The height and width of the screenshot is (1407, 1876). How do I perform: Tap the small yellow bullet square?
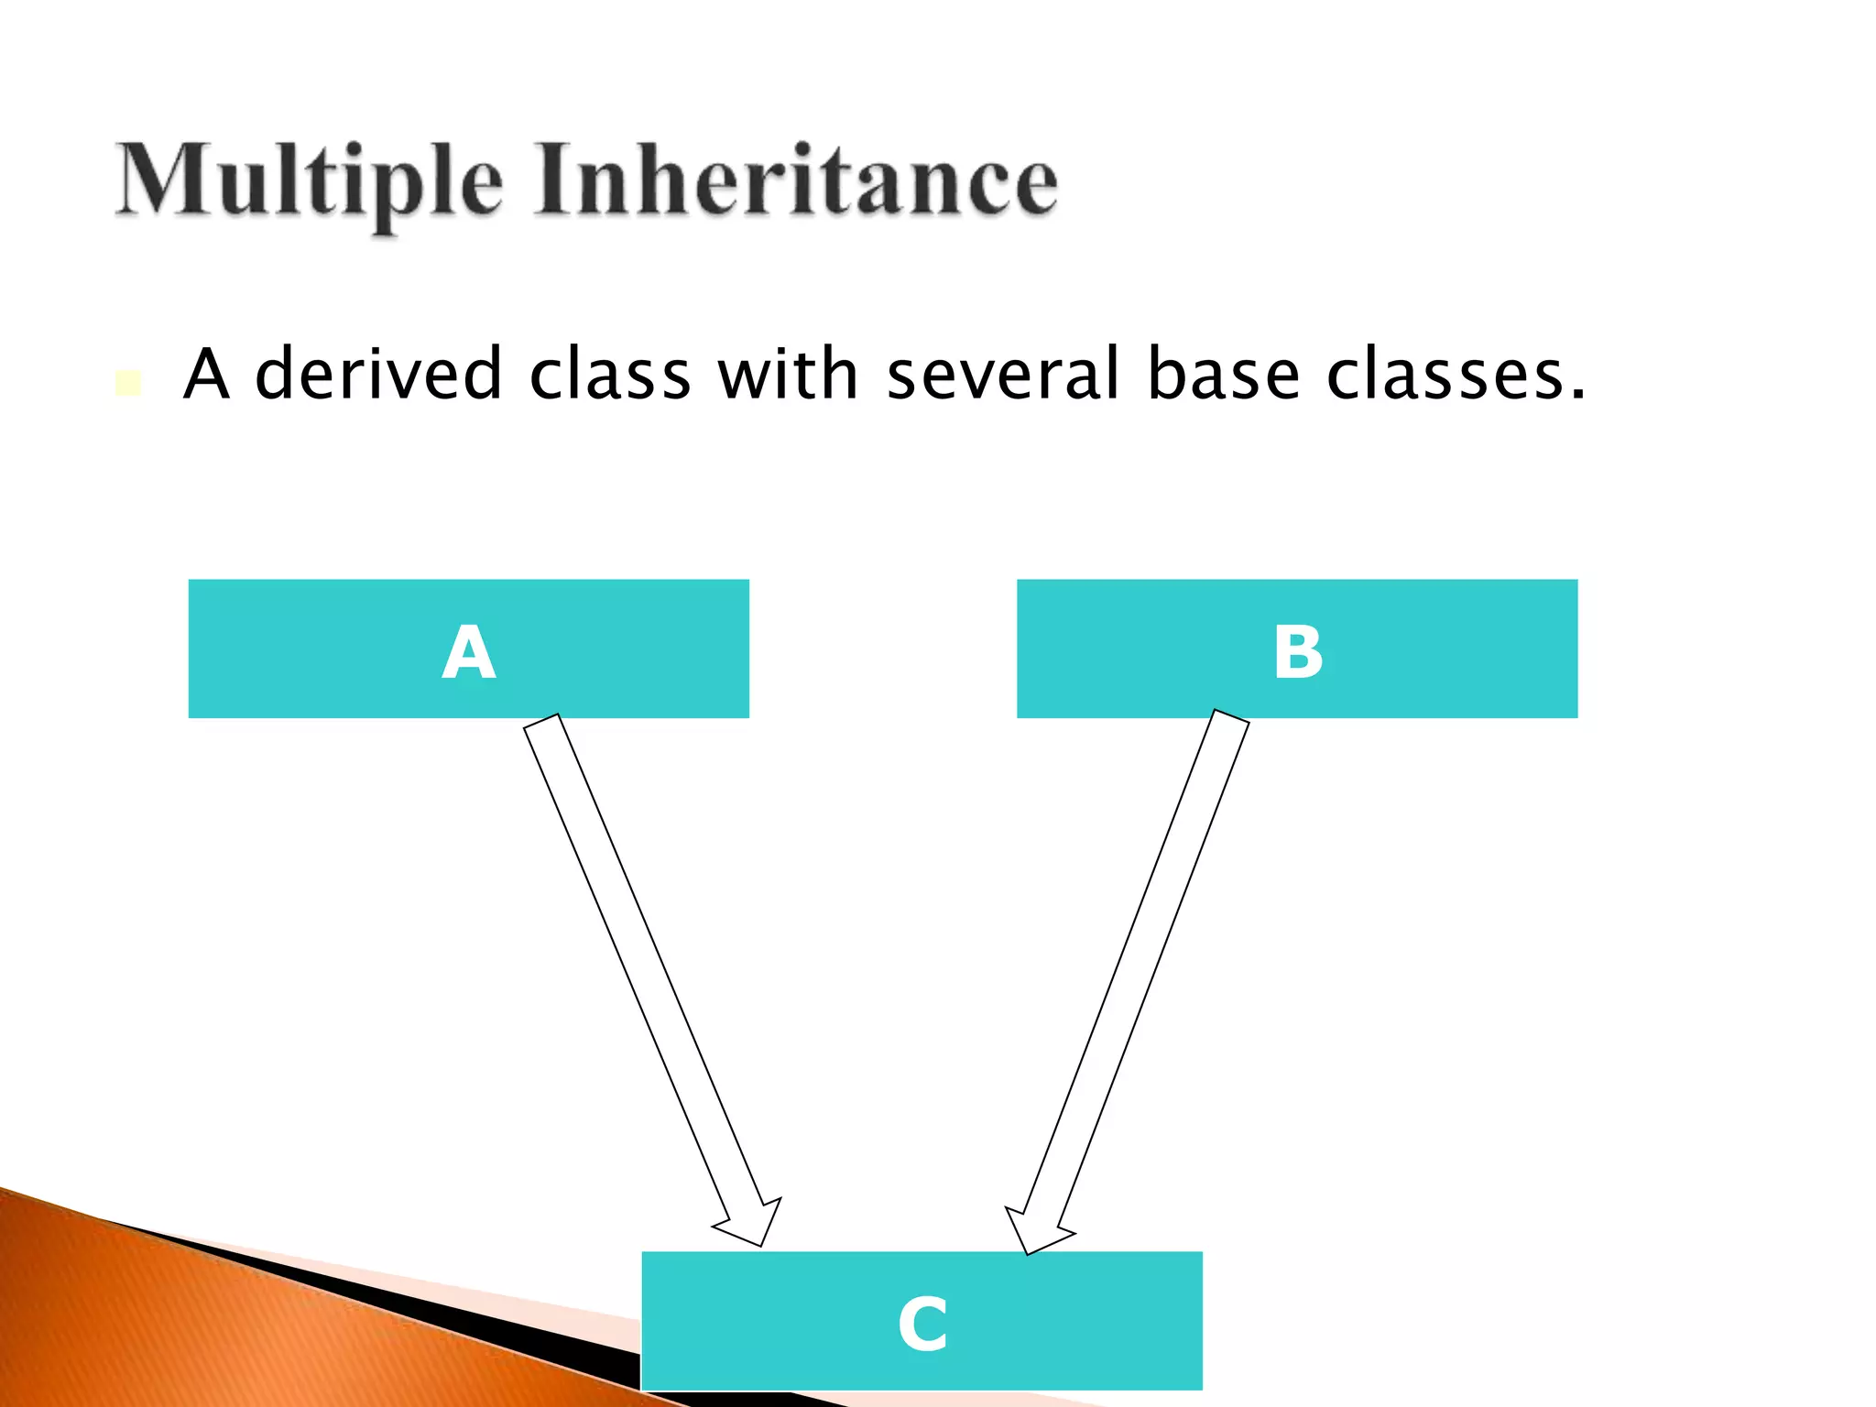[x=128, y=383]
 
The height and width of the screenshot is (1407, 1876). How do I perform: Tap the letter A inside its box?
[x=468, y=652]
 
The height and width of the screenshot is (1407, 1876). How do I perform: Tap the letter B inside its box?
[x=1297, y=652]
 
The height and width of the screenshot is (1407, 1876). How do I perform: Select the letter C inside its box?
[x=922, y=1324]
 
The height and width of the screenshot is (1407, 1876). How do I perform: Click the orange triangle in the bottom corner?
[x=183, y=1328]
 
